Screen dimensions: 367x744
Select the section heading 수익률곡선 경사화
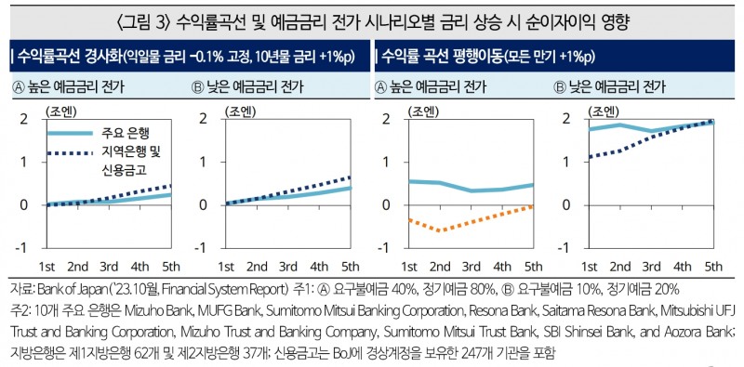66,57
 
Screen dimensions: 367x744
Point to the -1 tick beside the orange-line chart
386,248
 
